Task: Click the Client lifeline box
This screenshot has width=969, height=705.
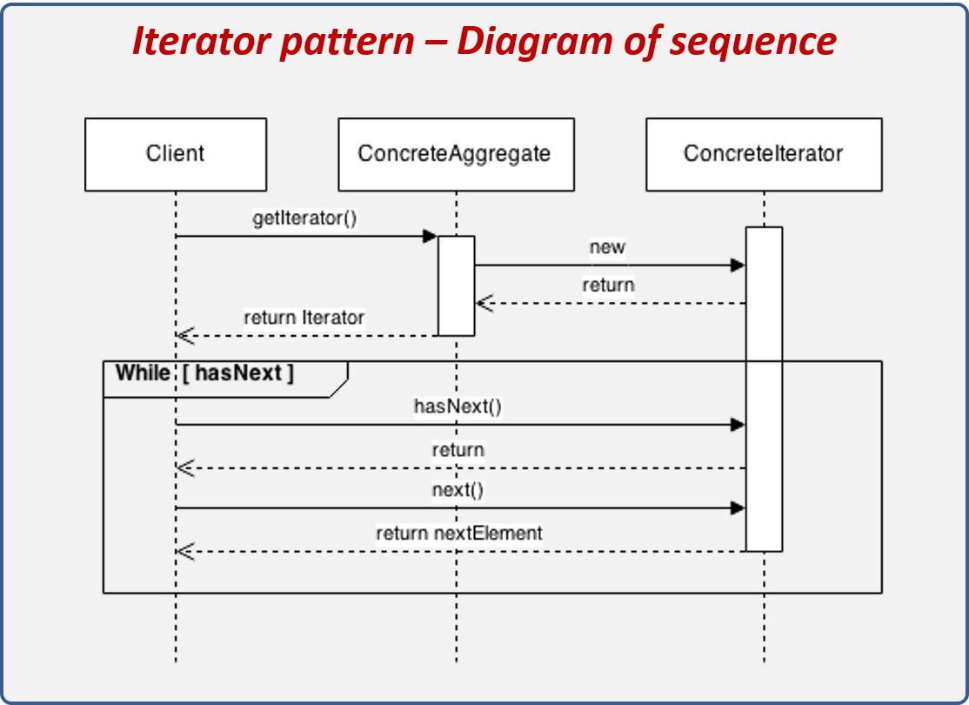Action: tap(175, 154)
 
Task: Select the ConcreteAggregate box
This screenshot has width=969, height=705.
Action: tap(455, 154)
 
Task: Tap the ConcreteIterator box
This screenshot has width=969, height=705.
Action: tap(763, 154)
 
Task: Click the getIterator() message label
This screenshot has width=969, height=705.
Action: tap(304, 218)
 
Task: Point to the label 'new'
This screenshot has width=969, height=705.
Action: tap(607, 247)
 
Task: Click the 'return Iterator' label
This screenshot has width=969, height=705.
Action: tap(304, 318)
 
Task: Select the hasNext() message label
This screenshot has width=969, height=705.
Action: tap(458, 406)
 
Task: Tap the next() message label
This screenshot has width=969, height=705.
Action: tap(458, 490)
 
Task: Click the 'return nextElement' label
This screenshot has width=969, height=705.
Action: tap(458, 533)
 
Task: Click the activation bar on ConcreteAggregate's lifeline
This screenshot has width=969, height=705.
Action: tap(456, 285)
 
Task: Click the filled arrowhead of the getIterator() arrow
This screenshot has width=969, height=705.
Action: tap(430, 236)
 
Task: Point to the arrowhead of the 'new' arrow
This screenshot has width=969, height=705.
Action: tap(738, 265)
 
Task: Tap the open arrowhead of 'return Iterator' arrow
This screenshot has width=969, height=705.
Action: tap(184, 335)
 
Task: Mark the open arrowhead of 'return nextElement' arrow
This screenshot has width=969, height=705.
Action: tap(184, 551)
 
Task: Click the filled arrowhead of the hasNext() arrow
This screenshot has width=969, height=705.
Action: tap(738, 425)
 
